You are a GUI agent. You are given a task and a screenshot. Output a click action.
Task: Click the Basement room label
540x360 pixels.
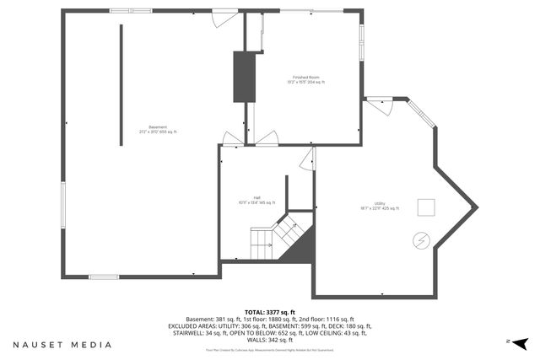coord(158,129)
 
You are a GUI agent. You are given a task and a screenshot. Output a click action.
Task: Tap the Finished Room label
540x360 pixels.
coord(306,79)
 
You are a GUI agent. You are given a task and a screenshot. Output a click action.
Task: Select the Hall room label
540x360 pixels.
coord(256,200)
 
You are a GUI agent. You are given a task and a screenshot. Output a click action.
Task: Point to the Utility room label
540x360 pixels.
coord(380,205)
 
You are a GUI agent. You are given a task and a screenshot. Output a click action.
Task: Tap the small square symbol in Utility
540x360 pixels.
coord(427,205)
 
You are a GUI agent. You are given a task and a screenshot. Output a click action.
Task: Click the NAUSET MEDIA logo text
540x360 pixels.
coord(62,345)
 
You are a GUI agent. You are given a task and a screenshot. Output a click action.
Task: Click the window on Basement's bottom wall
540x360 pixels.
coord(104,277)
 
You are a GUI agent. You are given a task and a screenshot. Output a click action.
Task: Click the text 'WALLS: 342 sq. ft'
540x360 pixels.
coord(269,340)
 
